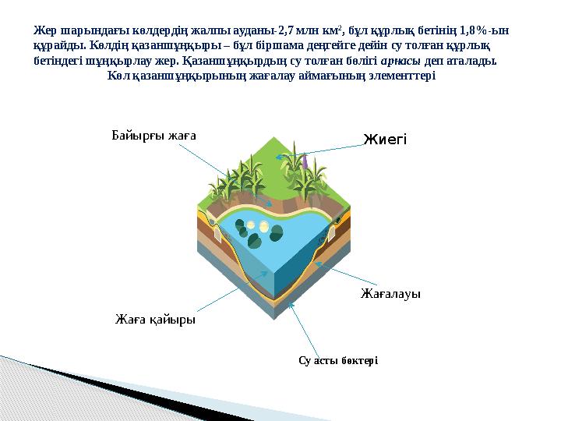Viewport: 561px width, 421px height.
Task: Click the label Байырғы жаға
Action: (153, 134)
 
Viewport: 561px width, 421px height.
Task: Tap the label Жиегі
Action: (385, 140)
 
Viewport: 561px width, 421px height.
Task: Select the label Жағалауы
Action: (390, 294)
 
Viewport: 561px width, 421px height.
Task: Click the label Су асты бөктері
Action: (338, 359)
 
